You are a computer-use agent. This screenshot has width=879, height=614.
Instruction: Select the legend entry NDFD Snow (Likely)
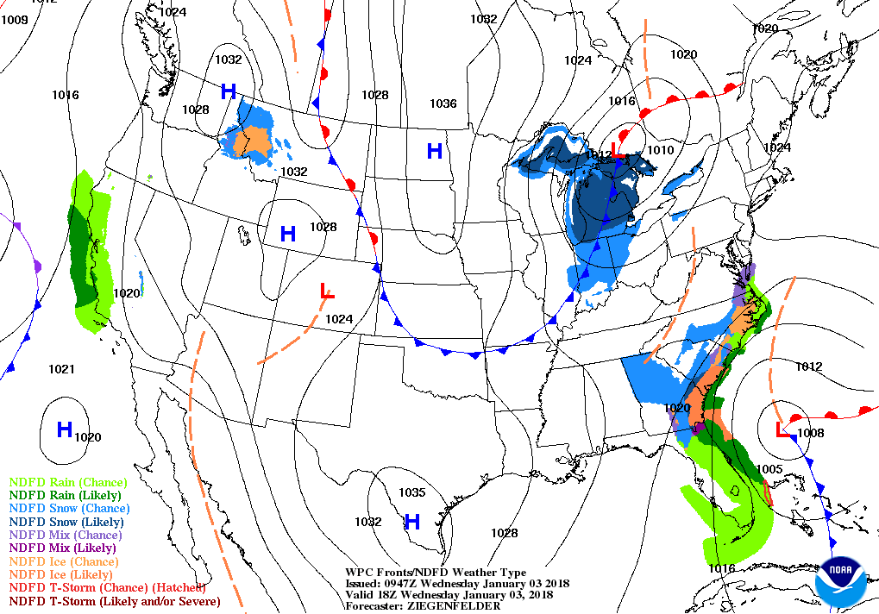click(x=66, y=522)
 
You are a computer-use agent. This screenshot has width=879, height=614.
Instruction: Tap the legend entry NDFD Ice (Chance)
click(x=61, y=561)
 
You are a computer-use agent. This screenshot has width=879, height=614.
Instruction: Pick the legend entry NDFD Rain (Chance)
click(x=68, y=482)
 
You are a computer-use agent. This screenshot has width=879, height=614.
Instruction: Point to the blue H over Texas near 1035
click(x=412, y=521)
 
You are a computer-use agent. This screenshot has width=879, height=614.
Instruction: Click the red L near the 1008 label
click(x=782, y=429)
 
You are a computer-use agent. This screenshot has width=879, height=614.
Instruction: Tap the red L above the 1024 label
click(x=327, y=291)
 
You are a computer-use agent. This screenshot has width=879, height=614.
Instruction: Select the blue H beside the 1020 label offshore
click(x=64, y=429)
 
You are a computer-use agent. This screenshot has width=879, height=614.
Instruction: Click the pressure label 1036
click(x=443, y=103)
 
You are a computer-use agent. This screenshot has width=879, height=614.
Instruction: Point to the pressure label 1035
click(x=412, y=492)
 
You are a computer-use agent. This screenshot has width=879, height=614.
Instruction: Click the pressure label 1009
click(x=15, y=19)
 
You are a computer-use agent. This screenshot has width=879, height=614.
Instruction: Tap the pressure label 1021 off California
click(x=61, y=369)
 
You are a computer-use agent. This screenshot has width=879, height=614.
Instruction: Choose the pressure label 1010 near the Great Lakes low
click(x=660, y=150)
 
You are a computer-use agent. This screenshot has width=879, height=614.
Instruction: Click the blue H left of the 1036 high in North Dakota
click(x=434, y=151)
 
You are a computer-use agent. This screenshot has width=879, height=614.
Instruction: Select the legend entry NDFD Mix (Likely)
click(x=63, y=548)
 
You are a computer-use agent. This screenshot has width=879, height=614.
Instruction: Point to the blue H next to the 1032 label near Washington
click(x=229, y=91)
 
